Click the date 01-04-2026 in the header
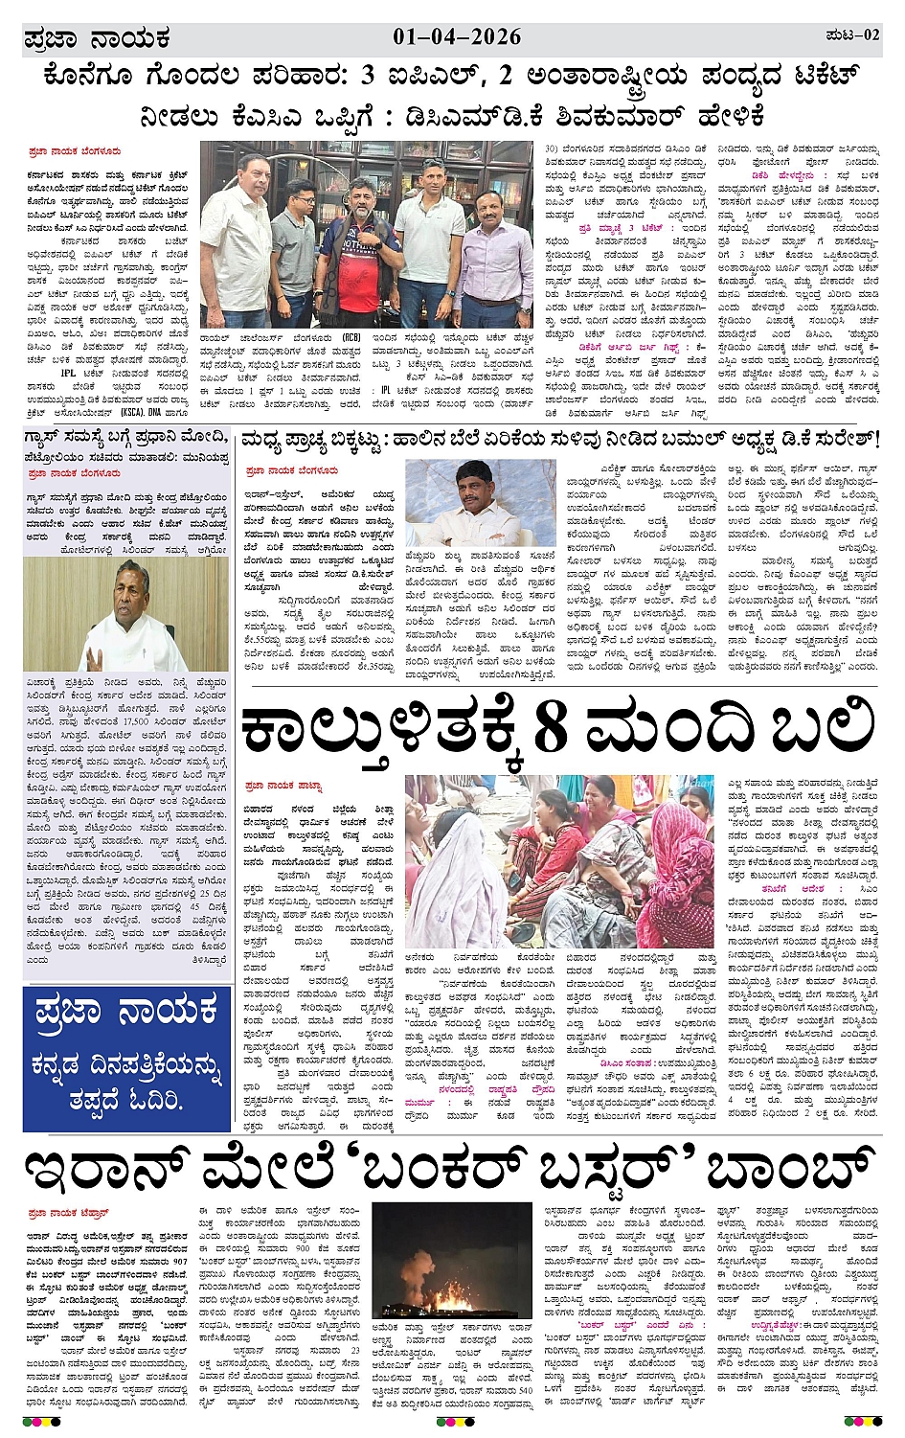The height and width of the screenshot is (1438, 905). [457, 36]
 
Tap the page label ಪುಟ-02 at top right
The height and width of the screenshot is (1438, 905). [851, 35]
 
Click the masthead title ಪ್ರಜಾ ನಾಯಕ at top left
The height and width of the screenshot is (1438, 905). [97, 38]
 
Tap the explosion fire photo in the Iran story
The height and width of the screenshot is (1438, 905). [452, 1261]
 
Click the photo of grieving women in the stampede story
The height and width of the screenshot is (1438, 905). [558, 863]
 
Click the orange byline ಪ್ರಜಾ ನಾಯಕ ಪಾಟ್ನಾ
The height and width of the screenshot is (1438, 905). [284, 786]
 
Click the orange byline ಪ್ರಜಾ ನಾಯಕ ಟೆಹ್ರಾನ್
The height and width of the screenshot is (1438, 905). [69, 1213]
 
